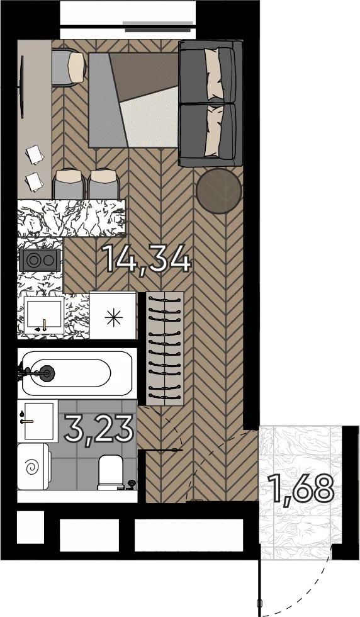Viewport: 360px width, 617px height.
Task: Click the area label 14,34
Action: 147,259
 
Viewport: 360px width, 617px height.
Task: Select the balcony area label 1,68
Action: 301,489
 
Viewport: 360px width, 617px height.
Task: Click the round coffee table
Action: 219,191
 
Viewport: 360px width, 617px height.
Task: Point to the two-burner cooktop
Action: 40,260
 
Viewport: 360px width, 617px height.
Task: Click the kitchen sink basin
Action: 43,315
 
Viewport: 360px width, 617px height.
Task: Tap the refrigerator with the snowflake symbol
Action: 113,315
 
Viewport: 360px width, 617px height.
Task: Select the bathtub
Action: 76,373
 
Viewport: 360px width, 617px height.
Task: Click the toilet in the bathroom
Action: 112,472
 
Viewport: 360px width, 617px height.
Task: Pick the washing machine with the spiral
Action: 33,467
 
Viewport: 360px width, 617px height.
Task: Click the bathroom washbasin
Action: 38,421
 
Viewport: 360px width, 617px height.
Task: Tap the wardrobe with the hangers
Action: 165,349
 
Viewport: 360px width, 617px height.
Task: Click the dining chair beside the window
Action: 69,66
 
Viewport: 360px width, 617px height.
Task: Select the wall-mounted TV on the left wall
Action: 21,87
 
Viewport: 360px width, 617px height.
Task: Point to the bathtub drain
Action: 47,372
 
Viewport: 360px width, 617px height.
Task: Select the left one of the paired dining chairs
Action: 69,184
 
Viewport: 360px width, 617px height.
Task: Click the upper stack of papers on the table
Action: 35,155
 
